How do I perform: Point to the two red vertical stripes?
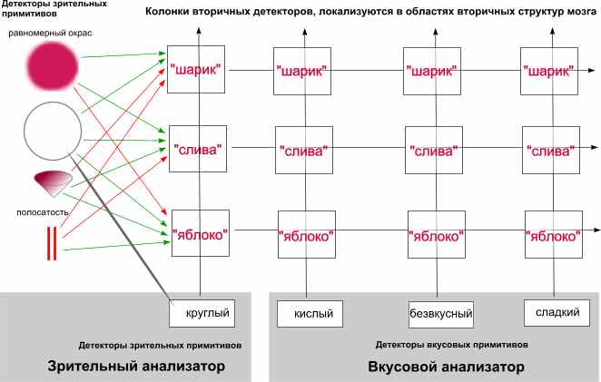point(53,243)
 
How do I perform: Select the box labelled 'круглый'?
point(209,314)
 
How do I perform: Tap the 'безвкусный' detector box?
point(440,314)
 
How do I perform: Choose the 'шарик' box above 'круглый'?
point(195,69)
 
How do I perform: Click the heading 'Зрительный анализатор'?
point(135,367)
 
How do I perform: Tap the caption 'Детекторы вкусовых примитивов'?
point(434,346)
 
